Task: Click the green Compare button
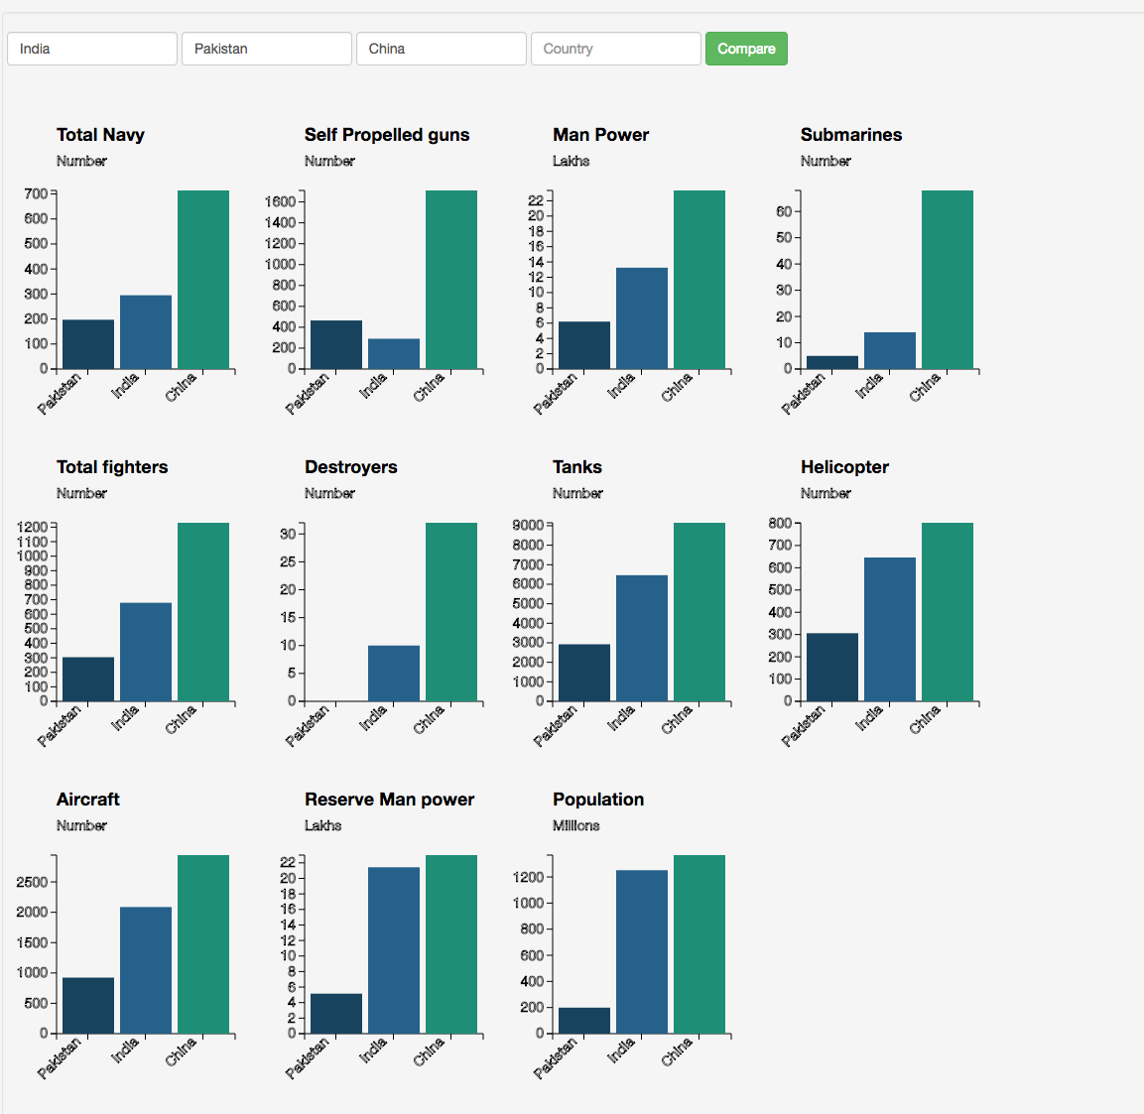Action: click(x=746, y=49)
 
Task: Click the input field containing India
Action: click(x=92, y=49)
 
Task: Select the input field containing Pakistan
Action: click(x=267, y=49)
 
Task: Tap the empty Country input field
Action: click(x=616, y=49)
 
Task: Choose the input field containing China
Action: click(x=442, y=49)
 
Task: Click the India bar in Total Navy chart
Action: click(x=146, y=332)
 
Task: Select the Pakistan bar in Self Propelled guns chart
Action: click(x=336, y=344)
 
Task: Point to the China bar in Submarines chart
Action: click(x=948, y=280)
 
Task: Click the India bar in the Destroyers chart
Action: click(x=394, y=674)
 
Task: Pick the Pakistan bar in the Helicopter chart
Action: click(x=832, y=667)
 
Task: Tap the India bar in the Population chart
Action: click(x=642, y=951)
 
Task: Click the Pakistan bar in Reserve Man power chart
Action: click(x=336, y=1013)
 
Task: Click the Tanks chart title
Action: click(x=577, y=467)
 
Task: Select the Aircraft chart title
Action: click(x=88, y=800)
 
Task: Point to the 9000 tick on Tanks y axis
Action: click(x=528, y=525)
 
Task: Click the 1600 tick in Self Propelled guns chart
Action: click(x=280, y=201)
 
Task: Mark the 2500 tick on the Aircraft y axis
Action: click(x=32, y=882)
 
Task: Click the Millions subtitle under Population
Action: click(x=576, y=825)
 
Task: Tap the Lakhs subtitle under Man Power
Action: click(x=572, y=161)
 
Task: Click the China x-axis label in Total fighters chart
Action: click(x=182, y=720)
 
